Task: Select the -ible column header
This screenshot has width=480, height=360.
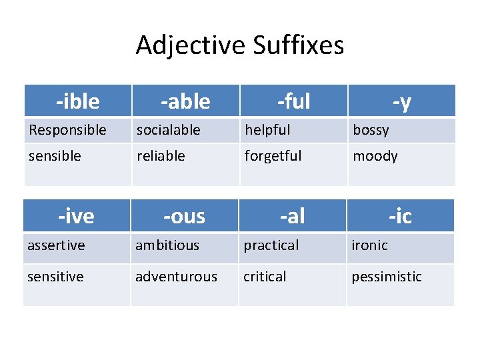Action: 78,101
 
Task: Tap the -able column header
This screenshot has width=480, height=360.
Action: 185,101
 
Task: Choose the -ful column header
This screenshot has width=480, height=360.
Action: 294,101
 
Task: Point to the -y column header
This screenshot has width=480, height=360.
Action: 401,101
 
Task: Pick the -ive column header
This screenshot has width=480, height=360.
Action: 76,216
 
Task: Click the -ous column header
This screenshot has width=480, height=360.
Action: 185,216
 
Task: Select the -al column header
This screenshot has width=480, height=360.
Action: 292,216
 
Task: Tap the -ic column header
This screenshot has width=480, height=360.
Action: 400,216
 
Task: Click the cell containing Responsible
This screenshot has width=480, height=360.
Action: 67,130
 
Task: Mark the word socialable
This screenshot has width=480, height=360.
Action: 168,130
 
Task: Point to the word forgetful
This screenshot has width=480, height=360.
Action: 273,156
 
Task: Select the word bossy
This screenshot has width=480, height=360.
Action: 371,130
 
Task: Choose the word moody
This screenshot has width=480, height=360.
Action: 375,156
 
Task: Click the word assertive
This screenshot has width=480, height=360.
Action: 56,245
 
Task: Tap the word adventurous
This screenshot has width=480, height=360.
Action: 176,276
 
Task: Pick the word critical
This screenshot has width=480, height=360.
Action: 265,276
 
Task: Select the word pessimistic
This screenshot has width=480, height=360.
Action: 387,276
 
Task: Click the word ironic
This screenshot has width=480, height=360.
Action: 369,245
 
